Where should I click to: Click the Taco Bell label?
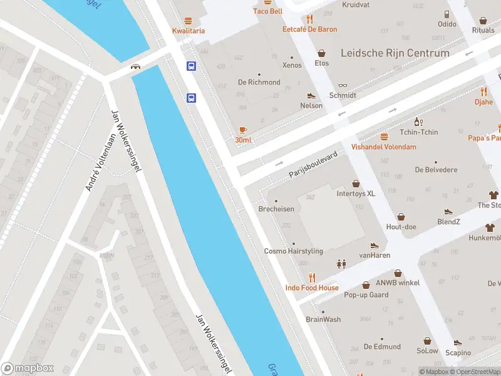tap(267, 11)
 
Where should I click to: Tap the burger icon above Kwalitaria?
tap(189, 19)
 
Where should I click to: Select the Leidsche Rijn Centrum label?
tap(395, 53)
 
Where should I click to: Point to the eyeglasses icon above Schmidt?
tap(343, 85)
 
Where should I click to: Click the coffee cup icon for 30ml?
tap(243, 129)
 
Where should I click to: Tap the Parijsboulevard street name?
tap(313, 164)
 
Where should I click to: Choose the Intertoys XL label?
tap(356, 194)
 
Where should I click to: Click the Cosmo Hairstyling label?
tap(293, 251)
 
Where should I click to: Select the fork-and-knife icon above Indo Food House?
tap(312, 278)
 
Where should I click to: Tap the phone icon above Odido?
tap(447, 14)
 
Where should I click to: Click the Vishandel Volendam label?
tap(383, 147)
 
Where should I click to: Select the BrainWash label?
tap(323, 319)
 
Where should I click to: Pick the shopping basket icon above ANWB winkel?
tap(398, 273)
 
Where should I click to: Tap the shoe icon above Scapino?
tap(458, 342)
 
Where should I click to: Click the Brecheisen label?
tap(276, 209)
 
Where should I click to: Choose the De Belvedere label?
tap(436, 170)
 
